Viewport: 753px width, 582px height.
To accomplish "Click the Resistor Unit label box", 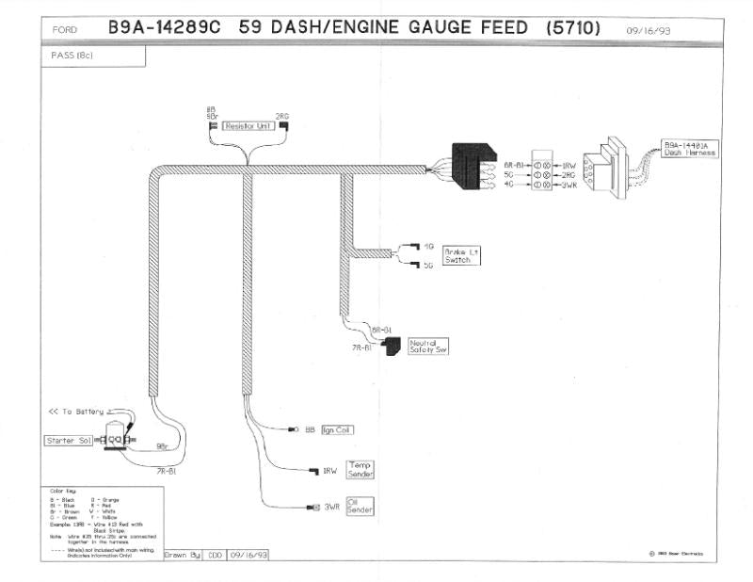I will [247, 125].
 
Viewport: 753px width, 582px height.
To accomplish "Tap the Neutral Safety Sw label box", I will [427, 346].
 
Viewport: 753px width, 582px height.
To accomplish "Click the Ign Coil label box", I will [337, 429].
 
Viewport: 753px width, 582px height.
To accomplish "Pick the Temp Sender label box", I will [360, 469].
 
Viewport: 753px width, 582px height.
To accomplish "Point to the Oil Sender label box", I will [360, 507].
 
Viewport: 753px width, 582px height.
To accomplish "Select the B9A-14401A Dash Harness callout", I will [688, 149].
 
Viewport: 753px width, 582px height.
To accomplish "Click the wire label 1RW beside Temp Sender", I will [329, 471].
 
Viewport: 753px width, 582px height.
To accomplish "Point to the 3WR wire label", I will [331, 508].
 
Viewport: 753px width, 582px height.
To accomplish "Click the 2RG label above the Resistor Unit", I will [281, 116].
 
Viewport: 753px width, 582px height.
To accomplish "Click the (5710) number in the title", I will [572, 28].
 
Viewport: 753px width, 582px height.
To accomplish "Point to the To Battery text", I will [77, 412].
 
